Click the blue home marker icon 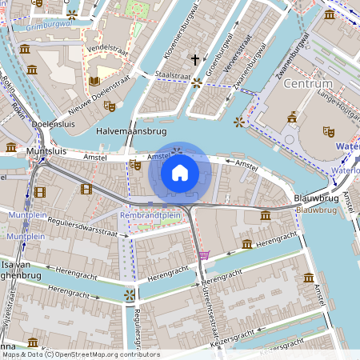[x=180, y=173]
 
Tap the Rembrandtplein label [x=150, y=215]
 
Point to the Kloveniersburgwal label [x=170, y=37]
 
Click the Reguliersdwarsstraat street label [x=78, y=228]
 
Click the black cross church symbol [x=194, y=59]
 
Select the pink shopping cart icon [x=204, y=255]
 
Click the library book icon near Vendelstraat [x=94, y=81]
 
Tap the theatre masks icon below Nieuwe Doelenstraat [x=110, y=106]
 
